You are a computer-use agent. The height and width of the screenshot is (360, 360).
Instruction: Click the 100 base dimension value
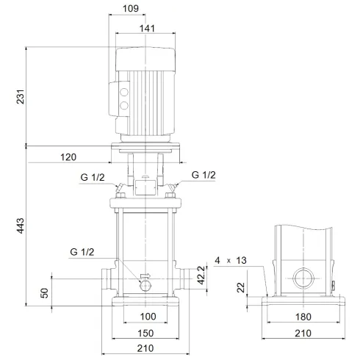pyautogui.click(x=148, y=317)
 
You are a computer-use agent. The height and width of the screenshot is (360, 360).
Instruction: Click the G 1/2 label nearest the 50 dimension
pyautogui.click(x=83, y=252)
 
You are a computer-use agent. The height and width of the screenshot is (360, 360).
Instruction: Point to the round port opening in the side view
pyautogui.click(x=303, y=281)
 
